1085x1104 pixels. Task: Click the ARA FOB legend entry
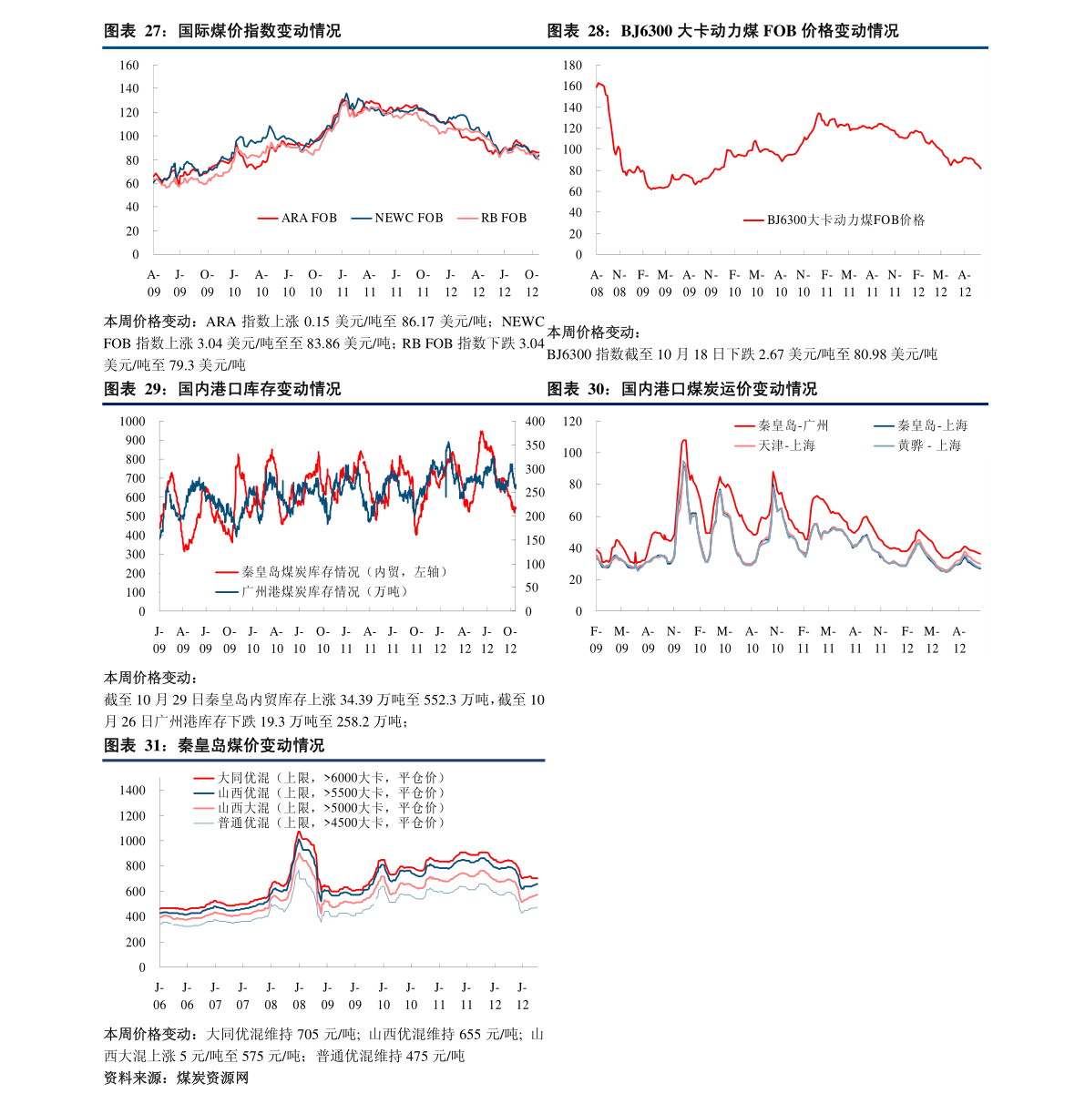coord(297,219)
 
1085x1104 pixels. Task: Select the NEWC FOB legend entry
coord(397,219)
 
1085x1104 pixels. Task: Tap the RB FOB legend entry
coord(492,219)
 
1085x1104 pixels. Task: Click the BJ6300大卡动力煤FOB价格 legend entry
coord(834,220)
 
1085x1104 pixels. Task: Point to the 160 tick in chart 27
coord(129,66)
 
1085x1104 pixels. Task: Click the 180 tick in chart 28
coord(572,66)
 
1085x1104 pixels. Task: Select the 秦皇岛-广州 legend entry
coord(782,425)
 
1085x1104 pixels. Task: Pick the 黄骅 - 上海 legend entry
coord(917,445)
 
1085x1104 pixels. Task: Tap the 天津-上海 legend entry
coord(774,445)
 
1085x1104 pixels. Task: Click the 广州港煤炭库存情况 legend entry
coord(312,592)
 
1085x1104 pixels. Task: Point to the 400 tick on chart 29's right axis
coord(535,422)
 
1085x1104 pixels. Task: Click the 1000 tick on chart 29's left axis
coord(132,422)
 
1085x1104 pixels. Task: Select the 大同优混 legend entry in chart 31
coord(319,778)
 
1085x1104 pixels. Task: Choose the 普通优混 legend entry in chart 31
coord(319,823)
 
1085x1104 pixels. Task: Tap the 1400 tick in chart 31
coord(132,791)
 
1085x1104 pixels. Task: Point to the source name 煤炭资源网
coord(212,1078)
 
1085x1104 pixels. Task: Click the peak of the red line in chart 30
coord(684,440)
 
